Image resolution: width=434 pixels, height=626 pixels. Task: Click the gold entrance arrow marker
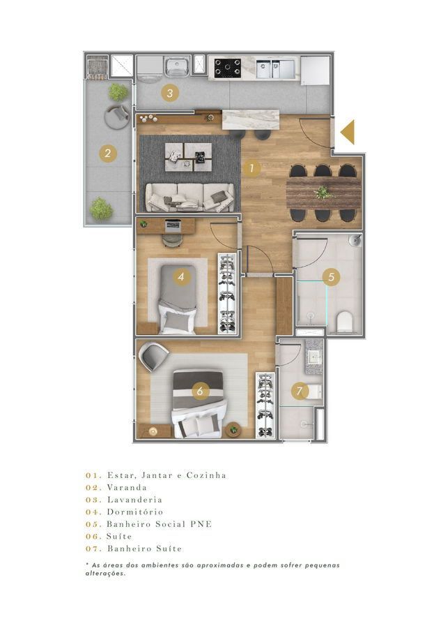point(348,132)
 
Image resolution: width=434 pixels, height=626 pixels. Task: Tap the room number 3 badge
point(170,94)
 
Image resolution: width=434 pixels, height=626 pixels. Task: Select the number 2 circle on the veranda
point(107,153)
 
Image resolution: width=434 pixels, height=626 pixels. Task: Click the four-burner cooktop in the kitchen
point(228,68)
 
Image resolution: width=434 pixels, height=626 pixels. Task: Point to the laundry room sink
point(177,67)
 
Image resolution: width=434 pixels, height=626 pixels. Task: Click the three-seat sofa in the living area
point(189,198)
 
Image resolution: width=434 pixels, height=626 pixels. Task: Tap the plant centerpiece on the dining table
point(323,193)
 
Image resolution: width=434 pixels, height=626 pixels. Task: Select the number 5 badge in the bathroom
point(331,276)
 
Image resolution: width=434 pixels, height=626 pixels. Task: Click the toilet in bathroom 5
point(344,322)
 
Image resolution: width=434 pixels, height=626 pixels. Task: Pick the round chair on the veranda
point(117,116)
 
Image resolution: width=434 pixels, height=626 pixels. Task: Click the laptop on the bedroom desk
point(173,226)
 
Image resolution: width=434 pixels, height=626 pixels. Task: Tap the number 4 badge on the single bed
point(181,276)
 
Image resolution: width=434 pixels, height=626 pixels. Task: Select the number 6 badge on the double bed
point(200,390)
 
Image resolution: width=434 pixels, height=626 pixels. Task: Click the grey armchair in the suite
point(153,356)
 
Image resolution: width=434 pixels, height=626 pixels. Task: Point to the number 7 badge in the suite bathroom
point(300,391)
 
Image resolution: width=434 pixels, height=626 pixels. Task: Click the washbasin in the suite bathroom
point(314,357)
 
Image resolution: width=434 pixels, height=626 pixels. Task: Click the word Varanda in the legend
point(127,487)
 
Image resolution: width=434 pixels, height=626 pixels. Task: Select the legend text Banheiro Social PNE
point(159,524)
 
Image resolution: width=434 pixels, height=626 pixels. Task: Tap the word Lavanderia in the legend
point(134,500)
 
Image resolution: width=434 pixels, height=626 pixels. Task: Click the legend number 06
point(93,537)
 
